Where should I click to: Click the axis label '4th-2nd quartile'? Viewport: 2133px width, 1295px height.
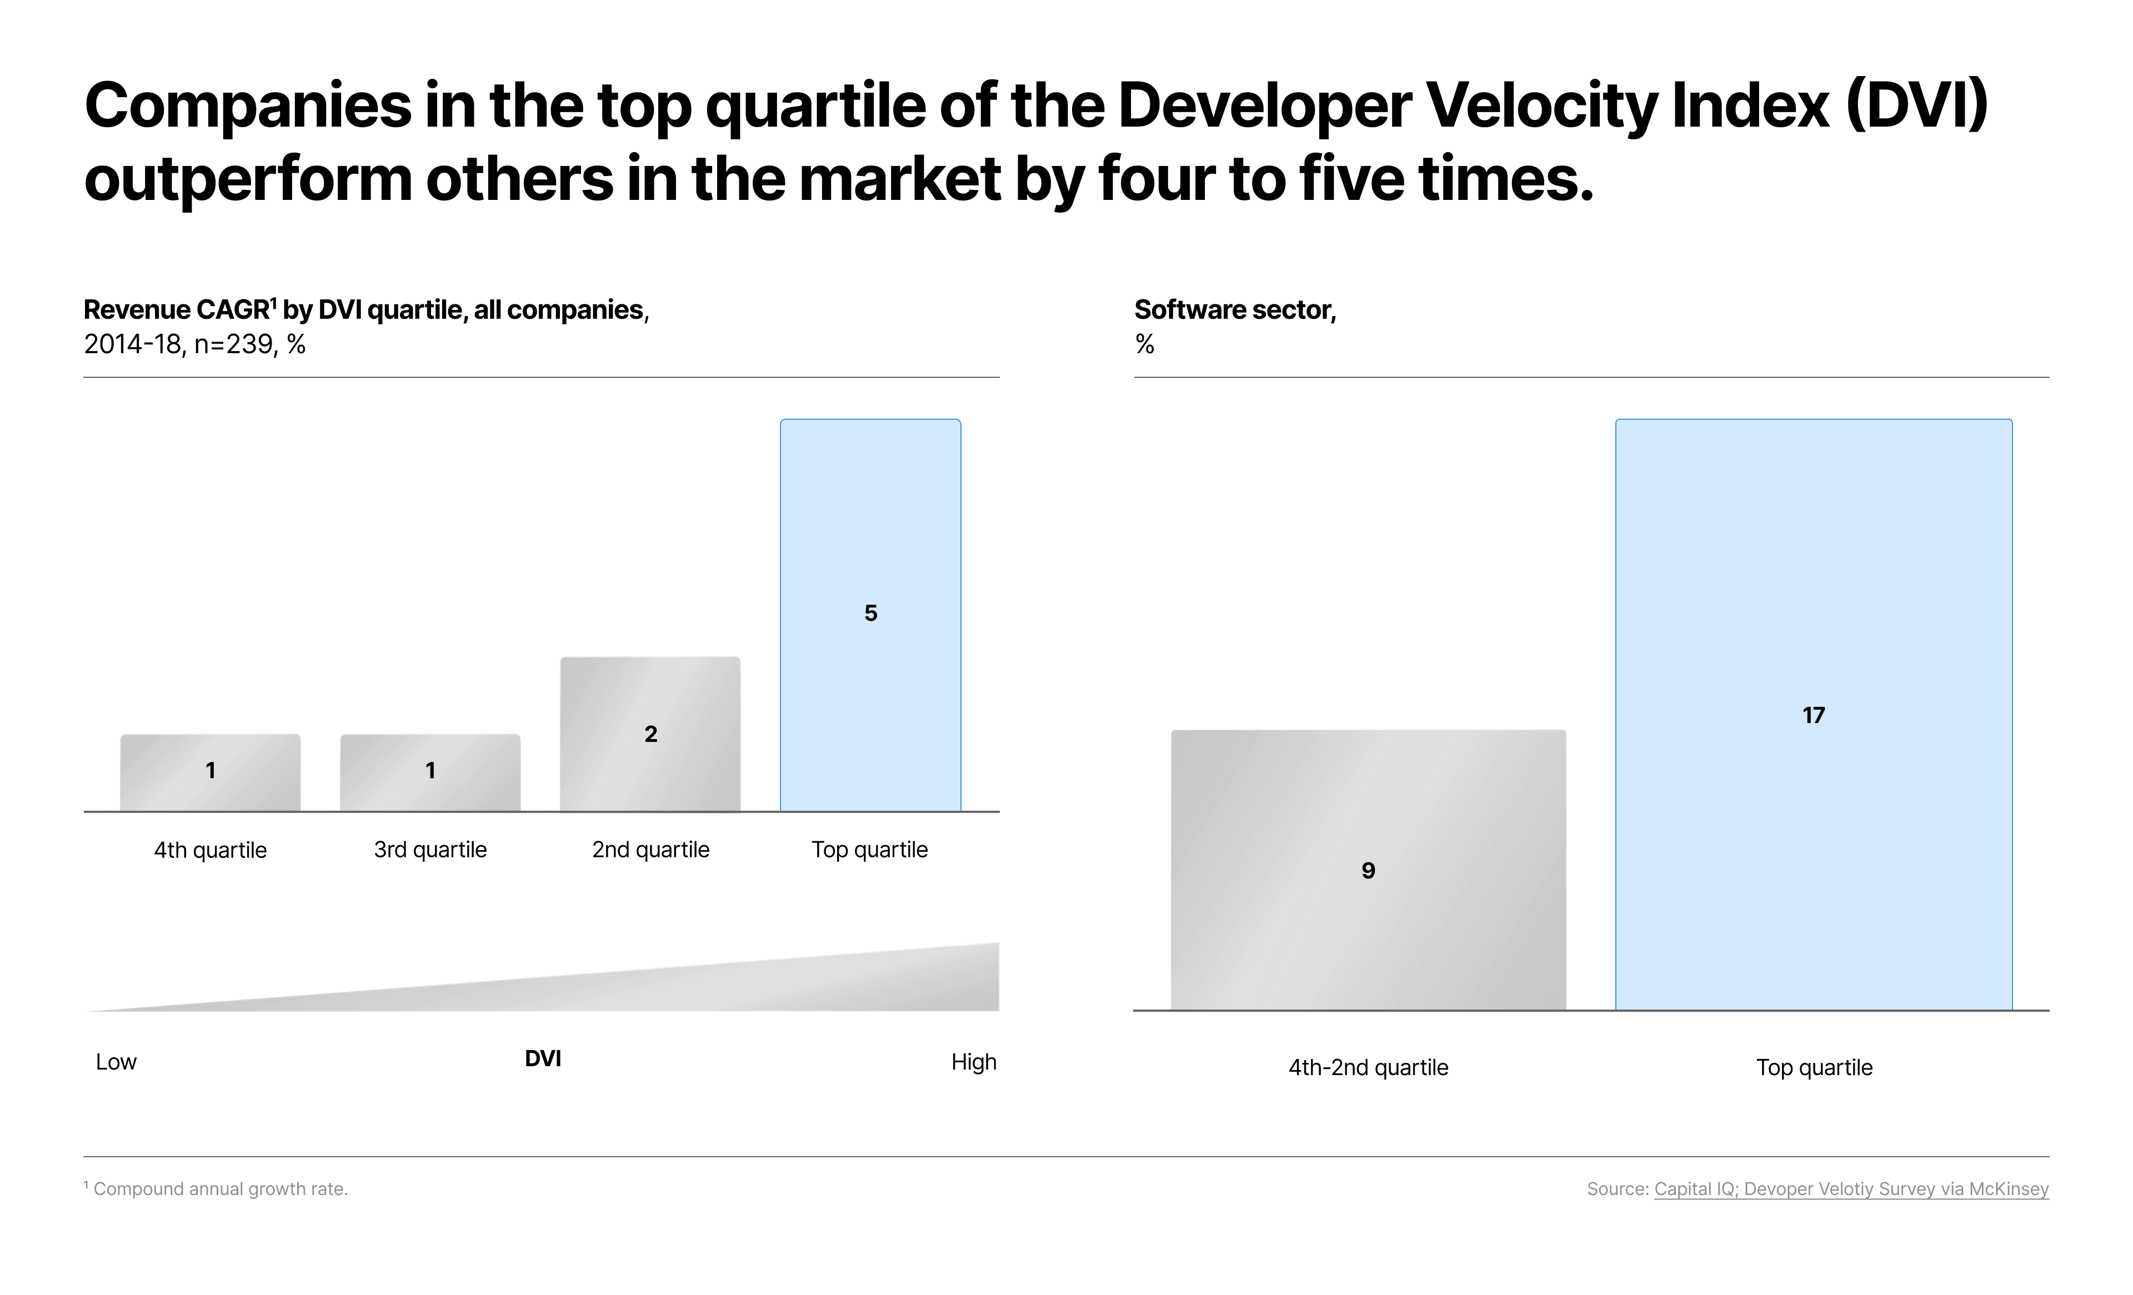coord(1368,1067)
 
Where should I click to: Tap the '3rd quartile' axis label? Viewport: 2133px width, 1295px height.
coord(430,850)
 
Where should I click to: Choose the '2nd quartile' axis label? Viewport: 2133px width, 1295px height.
coord(650,850)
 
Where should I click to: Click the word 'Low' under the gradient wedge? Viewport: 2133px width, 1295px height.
coord(116,1062)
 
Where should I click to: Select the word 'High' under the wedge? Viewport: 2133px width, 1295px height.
coord(974,1062)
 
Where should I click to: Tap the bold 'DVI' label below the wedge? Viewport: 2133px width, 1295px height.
coord(543,1058)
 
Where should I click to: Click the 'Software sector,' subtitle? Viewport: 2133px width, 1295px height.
coord(1234,310)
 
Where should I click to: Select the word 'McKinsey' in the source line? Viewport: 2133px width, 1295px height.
coord(2009,1189)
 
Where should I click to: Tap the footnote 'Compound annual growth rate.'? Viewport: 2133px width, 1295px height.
coord(220,1189)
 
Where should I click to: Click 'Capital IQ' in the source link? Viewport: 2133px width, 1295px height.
coord(1695,1189)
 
